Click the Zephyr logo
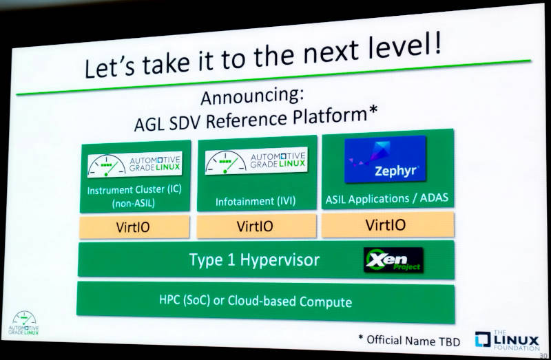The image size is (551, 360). [385, 159]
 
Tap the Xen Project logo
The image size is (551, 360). [393, 260]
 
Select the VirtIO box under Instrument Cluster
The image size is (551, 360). [134, 227]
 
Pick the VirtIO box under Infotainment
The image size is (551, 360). [256, 226]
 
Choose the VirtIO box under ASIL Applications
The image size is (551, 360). [388, 224]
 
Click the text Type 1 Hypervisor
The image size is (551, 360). [254, 260]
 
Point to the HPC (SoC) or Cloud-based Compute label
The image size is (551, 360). [256, 301]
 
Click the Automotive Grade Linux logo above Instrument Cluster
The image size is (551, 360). [135, 165]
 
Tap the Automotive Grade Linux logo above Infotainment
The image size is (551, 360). [256, 160]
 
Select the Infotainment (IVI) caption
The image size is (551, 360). [256, 202]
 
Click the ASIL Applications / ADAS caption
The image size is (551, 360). [387, 199]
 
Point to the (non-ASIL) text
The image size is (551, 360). [134, 203]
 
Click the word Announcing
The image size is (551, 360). [252, 96]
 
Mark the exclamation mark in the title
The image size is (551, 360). [437, 42]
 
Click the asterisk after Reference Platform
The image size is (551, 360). [373, 110]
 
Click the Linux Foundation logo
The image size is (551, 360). [507, 340]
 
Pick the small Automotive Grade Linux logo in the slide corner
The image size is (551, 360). [23, 323]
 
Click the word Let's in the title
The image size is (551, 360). [110, 67]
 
